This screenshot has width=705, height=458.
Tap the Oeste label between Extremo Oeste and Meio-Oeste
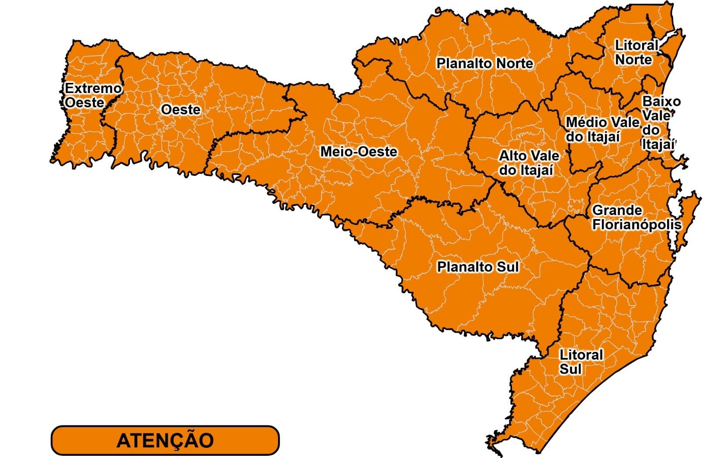coord(180,109)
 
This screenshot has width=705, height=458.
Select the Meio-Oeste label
coord(359,152)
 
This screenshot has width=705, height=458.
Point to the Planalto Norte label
coord(485,63)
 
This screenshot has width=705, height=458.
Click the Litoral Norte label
coord(635,52)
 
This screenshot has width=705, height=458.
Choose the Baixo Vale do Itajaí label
coord(659,123)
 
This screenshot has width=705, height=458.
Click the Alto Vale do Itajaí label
coord(528,163)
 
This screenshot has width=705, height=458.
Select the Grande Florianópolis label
coord(636,217)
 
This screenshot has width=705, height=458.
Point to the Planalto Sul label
coord(478,267)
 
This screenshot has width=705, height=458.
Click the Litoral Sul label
coord(580,361)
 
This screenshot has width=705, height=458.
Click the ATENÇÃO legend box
coord(165,440)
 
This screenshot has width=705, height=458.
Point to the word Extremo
coord(93,88)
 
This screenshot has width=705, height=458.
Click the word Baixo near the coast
coord(661,101)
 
